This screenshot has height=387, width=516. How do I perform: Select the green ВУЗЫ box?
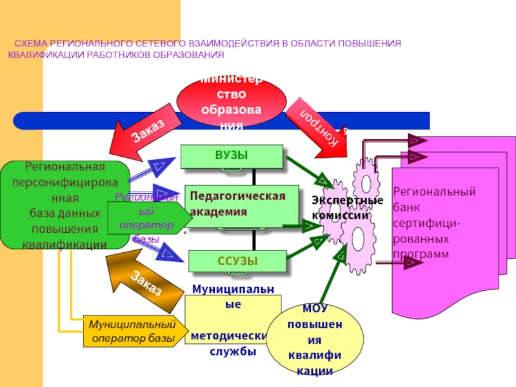(232, 156)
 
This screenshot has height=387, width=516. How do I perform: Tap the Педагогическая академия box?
(235, 206)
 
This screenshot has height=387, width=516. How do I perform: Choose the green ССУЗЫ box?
(237, 261)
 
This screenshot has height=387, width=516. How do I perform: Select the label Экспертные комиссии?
(342, 208)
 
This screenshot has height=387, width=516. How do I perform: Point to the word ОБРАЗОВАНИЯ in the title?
(184, 54)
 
